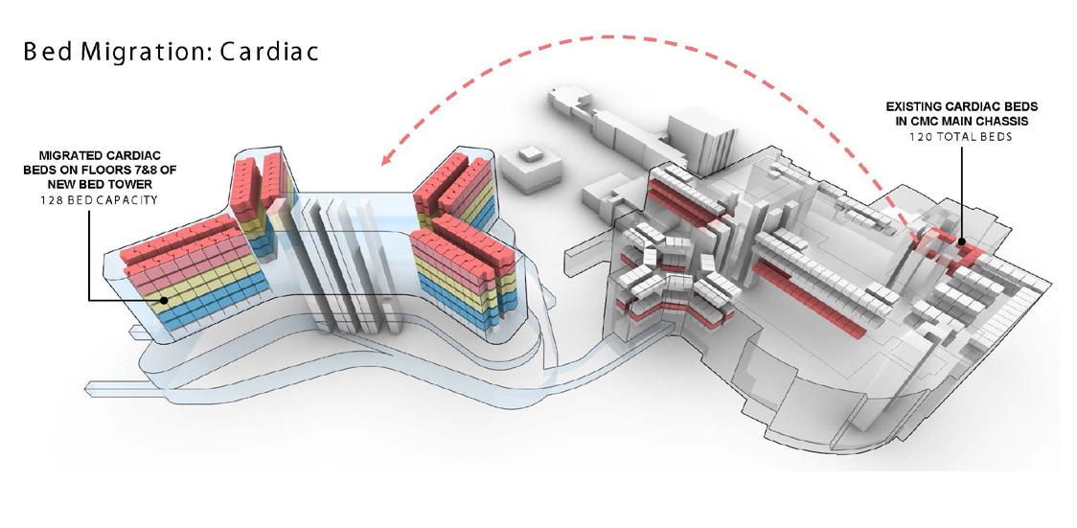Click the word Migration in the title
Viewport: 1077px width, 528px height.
tap(146, 53)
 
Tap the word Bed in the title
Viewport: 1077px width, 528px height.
tap(50, 53)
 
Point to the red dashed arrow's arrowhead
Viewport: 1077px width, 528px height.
tap(386, 159)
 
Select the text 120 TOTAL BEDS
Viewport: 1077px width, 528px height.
tap(958, 137)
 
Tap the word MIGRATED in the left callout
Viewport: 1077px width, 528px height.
tap(68, 154)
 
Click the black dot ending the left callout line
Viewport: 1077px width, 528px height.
tap(165, 300)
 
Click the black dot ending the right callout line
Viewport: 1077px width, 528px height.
tap(961, 242)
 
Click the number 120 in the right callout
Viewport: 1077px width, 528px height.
tap(921, 137)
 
